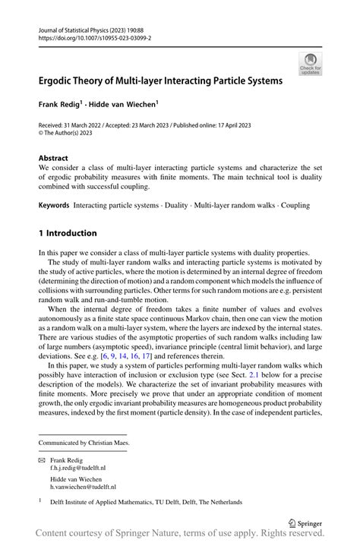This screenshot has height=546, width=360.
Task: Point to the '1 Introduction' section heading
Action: pyautogui.click(x=68, y=232)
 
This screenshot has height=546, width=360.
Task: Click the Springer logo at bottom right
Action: pyautogui.click(x=301, y=522)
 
